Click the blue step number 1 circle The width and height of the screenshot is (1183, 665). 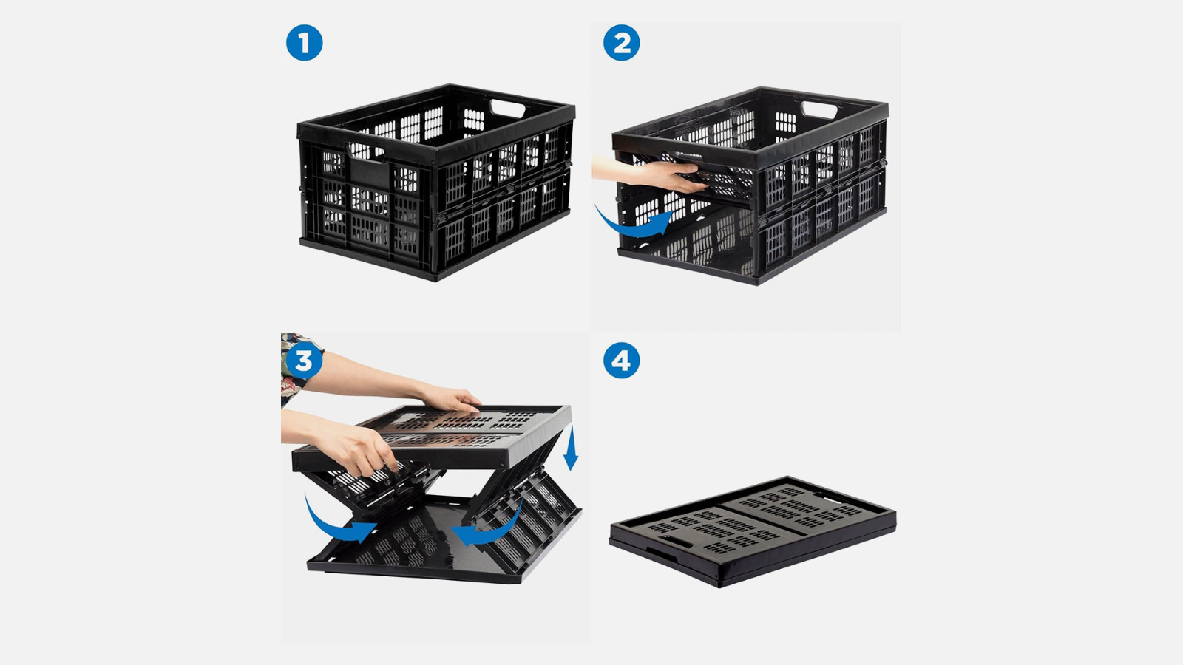(x=304, y=43)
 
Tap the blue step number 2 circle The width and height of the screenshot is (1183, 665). (x=622, y=43)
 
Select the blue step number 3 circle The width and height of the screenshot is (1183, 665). (x=304, y=361)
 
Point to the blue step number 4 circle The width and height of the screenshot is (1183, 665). (x=622, y=361)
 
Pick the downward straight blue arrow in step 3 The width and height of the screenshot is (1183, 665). (x=571, y=449)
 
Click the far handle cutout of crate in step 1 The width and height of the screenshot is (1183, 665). (x=507, y=109)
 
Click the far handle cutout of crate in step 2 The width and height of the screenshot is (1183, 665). (x=819, y=110)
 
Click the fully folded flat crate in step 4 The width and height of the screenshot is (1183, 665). (x=753, y=531)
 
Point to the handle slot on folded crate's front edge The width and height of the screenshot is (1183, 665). (x=674, y=542)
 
